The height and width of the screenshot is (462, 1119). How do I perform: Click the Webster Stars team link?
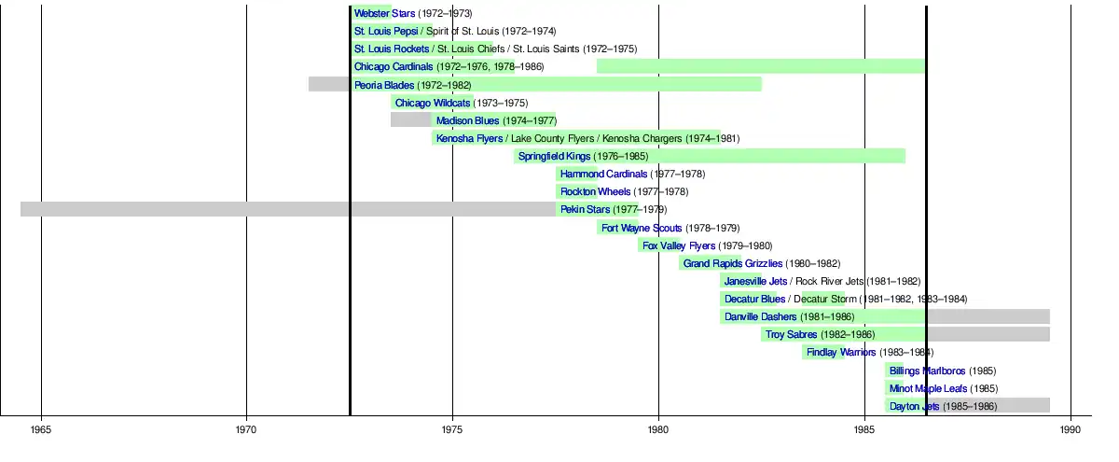pyautogui.click(x=384, y=14)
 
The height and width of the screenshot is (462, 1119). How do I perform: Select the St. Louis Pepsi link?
pyautogui.click(x=386, y=32)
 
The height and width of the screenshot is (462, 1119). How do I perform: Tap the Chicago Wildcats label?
pyautogui.click(x=433, y=103)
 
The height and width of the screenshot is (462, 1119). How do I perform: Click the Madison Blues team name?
pyautogui.click(x=467, y=120)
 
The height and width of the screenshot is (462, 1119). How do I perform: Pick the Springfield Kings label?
pyautogui.click(x=554, y=156)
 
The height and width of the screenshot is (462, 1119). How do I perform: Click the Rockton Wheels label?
pyautogui.click(x=595, y=191)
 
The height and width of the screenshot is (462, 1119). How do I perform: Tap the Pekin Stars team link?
pyautogui.click(x=585, y=209)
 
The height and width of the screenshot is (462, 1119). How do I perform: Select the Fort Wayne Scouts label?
pyautogui.click(x=642, y=228)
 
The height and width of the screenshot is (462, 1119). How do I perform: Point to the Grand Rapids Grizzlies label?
pyautogui.click(x=732, y=263)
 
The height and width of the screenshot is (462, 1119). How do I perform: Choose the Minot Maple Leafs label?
pyautogui.click(x=928, y=388)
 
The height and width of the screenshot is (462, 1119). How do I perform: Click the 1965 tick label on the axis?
pyautogui.click(x=41, y=429)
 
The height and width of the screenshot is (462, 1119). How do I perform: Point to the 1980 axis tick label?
pyautogui.click(x=658, y=429)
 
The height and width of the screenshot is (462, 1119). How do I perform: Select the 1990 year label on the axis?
pyautogui.click(x=1070, y=429)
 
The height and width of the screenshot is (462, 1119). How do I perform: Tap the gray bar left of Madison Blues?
pyautogui.click(x=411, y=120)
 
